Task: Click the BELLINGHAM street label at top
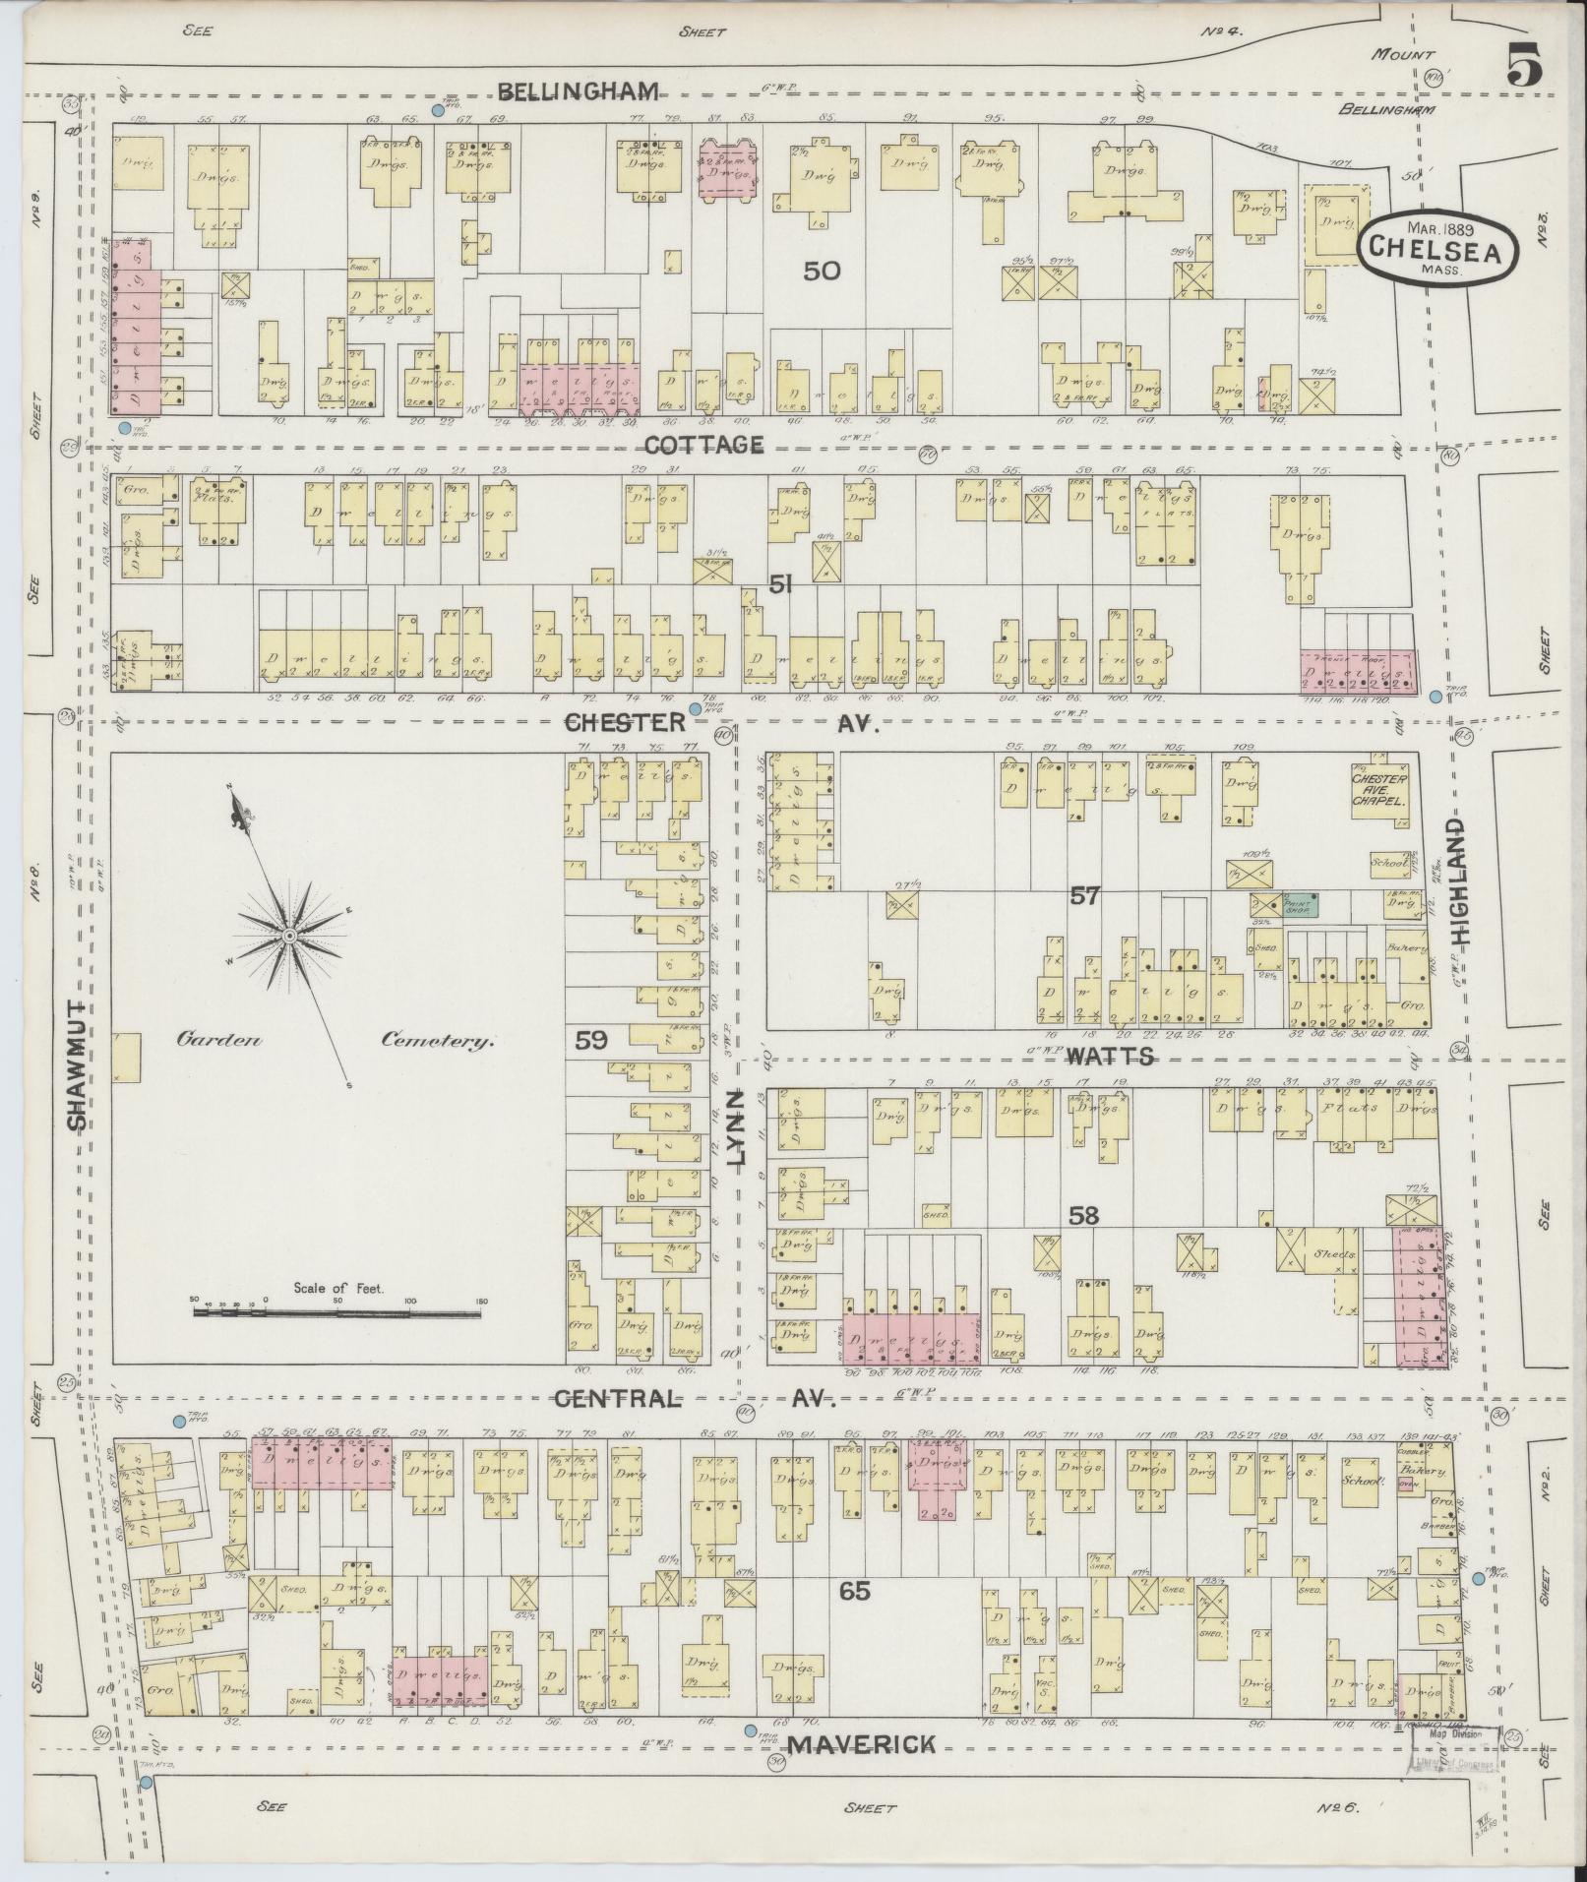coord(577,92)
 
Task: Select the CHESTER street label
coord(625,722)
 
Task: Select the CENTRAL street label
coord(617,1398)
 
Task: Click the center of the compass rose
coord(290,935)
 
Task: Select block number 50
coord(822,271)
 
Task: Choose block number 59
coord(591,1040)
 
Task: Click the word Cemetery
coord(436,1042)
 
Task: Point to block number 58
coord(1084,1216)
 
